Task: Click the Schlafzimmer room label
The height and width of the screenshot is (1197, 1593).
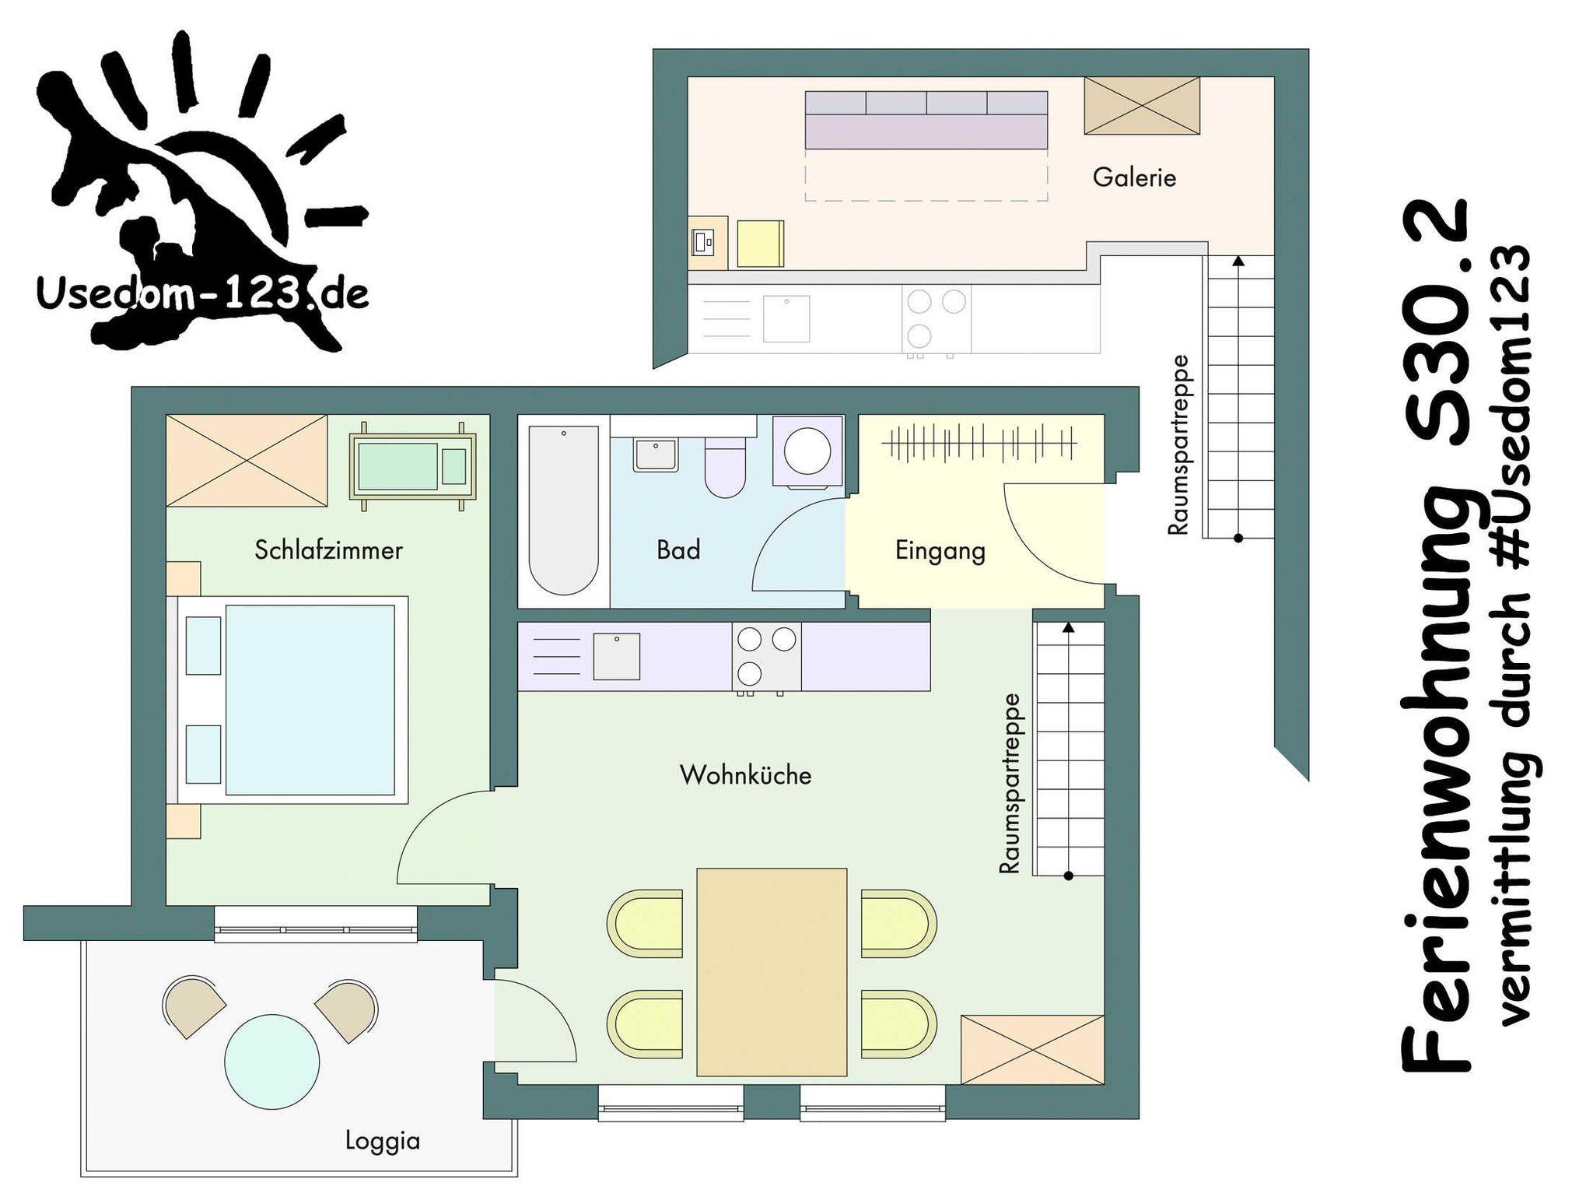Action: tap(328, 550)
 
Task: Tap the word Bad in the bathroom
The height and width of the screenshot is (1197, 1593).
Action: tap(678, 550)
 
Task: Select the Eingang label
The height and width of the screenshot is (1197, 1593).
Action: tap(940, 551)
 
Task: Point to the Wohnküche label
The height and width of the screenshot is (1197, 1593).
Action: tap(745, 775)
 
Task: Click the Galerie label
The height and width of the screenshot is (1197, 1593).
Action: tap(1134, 177)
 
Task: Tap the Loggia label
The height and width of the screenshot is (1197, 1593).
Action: tap(383, 1142)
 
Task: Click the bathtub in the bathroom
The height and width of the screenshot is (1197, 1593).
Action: tap(563, 510)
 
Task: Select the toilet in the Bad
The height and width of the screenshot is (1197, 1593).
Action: tap(725, 466)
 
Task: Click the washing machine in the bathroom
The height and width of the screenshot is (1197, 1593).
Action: tap(807, 451)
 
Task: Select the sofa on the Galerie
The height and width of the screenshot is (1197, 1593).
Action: tap(926, 120)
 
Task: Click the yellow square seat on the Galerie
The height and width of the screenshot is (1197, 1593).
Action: tap(760, 244)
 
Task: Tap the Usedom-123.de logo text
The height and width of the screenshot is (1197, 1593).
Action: tap(202, 294)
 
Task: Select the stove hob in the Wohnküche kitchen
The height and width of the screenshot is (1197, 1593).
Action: tap(766, 657)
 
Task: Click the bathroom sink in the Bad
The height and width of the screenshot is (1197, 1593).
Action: tap(656, 455)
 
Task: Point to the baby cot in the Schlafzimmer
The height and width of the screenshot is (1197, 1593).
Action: tap(412, 466)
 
